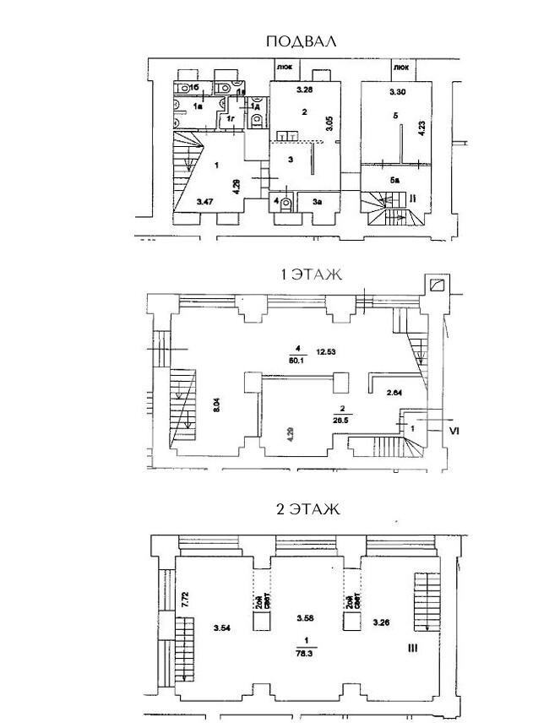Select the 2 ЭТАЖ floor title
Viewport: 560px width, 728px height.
[x=307, y=508]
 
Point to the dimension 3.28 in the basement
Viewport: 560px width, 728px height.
[x=304, y=90]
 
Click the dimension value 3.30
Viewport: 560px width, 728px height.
[x=397, y=90]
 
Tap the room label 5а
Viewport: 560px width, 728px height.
[x=395, y=180]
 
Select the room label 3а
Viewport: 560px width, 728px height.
[x=316, y=202]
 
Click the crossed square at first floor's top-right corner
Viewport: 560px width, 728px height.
[x=438, y=285]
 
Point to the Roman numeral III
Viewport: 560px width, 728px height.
[x=413, y=648]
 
